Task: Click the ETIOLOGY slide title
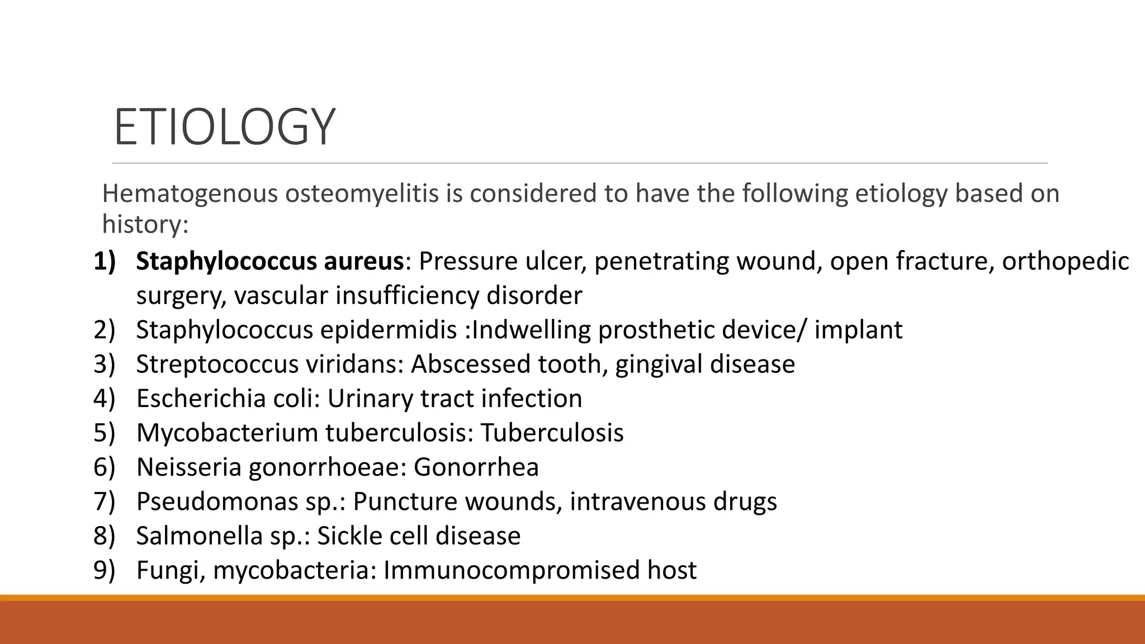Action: pyautogui.click(x=224, y=127)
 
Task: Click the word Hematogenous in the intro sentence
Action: pyautogui.click(x=190, y=193)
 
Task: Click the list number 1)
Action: pyautogui.click(x=105, y=261)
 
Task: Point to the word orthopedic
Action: pyautogui.click(x=1065, y=261)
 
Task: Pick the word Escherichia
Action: pyautogui.click(x=200, y=399)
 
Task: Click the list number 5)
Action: pyautogui.click(x=105, y=433)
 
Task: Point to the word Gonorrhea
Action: pyautogui.click(x=476, y=467)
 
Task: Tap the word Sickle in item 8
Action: pyautogui.click(x=350, y=536)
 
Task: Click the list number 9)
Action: pyautogui.click(x=105, y=570)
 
